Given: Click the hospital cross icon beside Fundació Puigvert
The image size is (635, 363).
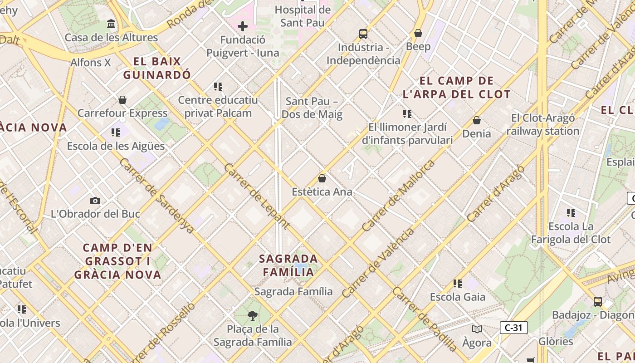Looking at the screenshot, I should pos(243,26).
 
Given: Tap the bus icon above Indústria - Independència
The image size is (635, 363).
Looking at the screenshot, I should pos(363,34).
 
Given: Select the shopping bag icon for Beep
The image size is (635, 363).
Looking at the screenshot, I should pos(418,33).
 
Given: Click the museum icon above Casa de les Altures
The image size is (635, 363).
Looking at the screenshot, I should pos(111,24).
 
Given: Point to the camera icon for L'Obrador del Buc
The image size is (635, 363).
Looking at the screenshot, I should pos(95,201).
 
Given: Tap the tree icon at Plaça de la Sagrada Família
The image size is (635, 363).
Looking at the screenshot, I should pos(253,315).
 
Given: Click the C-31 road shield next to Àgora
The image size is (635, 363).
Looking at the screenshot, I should pos(513,328).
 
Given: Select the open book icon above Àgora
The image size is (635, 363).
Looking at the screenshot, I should pos(477,329).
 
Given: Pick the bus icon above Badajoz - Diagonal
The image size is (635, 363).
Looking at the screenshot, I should pos(598,301).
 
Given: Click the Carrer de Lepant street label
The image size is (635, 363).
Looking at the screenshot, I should pos(257,196).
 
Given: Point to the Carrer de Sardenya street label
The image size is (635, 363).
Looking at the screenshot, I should pos(157,196).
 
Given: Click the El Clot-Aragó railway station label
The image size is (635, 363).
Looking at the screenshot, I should pos(543,125).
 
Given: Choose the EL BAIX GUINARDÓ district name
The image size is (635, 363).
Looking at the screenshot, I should pos(157,68).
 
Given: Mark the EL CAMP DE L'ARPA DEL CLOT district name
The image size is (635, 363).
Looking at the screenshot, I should pos(457,88).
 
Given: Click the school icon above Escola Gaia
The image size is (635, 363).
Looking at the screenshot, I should pos(458,284).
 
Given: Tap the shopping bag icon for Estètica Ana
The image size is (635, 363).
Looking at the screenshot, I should pos(322,178).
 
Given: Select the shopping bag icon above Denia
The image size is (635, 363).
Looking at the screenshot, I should pos(477,120).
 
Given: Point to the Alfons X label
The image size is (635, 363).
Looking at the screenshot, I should pos(91,63).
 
